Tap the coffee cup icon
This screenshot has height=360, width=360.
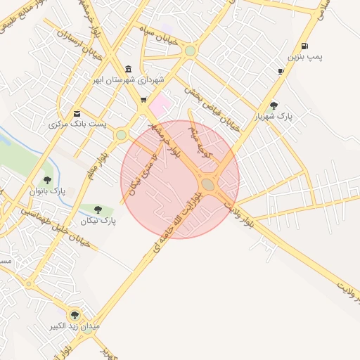pyautogui.click(x=281, y=71)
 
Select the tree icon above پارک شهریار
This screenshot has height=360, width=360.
pyautogui.click(x=274, y=105)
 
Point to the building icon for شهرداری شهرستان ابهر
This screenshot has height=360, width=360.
pyautogui.click(x=127, y=69)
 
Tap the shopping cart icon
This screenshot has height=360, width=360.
pyautogui.click(x=144, y=100)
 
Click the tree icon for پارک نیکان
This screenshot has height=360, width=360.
pyautogui.click(x=97, y=210)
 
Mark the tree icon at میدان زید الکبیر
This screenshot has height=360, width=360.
pyautogui.click(x=75, y=315)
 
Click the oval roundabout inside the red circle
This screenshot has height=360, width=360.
pyautogui.click(x=208, y=184)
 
